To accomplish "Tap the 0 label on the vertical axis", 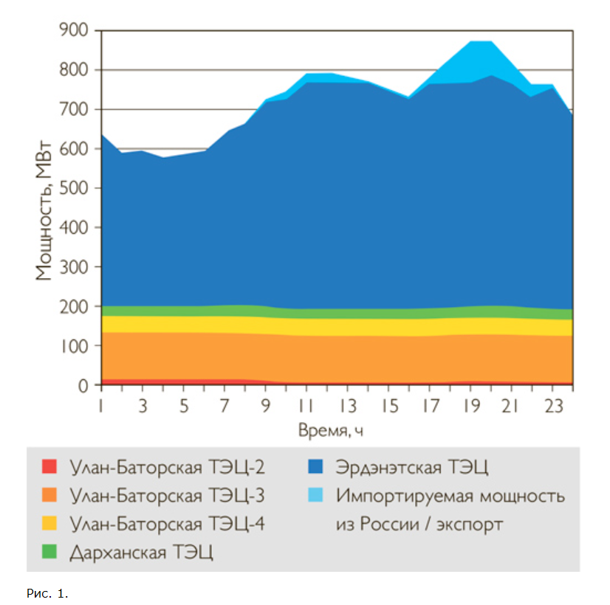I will click(x=83, y=385).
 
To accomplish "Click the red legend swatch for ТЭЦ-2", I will click(x=49, y=467).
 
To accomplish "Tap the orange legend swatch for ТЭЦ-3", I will click(x=49, y=496).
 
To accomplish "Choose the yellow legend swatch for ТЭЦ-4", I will click(x=49, y=524).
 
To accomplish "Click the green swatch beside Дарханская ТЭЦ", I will click(x=49, y=553).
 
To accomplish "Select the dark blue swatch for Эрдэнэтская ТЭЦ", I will click(x=315, y=467).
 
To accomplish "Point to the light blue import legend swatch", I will click(x=315, y=496).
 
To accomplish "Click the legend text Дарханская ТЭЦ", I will click(x=141, y=553).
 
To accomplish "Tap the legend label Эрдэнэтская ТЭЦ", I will click(x=412, y=467).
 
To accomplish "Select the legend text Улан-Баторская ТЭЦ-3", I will click(x=167, y=496).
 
